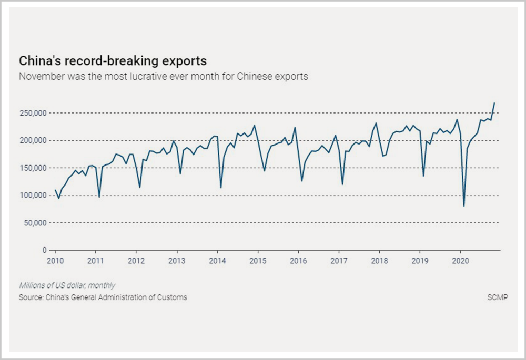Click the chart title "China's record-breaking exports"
pos(113,60)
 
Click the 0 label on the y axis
pos(45,250)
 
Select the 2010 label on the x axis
pos(55,260)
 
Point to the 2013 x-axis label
pos(177,260)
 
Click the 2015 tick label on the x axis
pos(258,260)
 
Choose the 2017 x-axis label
pos(339,260)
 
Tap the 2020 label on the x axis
pos(460,260)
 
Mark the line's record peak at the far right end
pos(494,103)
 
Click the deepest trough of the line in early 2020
pos(464,205)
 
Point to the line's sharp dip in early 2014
pos(220,187)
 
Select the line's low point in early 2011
pos(99,197)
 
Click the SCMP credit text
pos(498,297)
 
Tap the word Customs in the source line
pos(173,297)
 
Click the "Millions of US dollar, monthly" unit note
pos(67,285)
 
